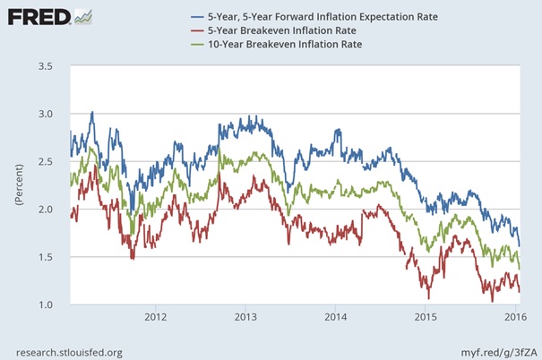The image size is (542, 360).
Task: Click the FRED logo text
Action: click(x=36, y=17)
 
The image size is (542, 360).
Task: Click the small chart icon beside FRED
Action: click(x=82, y=16)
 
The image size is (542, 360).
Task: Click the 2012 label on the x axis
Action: click(x=156, y=317)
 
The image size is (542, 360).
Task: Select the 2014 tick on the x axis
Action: click(x=335, y=317)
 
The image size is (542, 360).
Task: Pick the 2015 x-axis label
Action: click(x=425, y=317)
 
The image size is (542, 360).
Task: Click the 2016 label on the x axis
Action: click(x=513, y=317)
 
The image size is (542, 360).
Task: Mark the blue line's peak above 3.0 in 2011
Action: click(x=92, y=112)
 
